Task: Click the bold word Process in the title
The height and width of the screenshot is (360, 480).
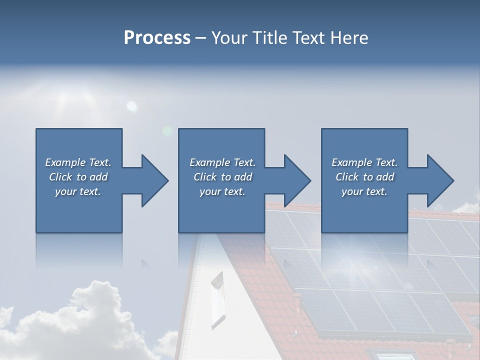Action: pos(157,38)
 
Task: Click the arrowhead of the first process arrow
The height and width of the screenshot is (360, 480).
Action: pos(155,180)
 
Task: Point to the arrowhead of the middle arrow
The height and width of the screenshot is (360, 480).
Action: pos(297,180)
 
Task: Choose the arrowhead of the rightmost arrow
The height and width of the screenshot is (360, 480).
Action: pos(440,180)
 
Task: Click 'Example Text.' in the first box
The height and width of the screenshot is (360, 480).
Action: pos(78,162)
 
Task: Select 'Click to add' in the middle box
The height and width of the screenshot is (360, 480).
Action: pos(222,177)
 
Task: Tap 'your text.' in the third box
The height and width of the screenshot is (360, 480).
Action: pos(364,191)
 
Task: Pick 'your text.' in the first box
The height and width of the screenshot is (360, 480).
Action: pos(78,191)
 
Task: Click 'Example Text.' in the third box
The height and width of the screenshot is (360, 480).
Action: pos(364,162)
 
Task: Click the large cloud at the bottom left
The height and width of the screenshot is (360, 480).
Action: pos(85,320)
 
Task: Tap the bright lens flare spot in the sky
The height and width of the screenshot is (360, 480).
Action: pos(131,105)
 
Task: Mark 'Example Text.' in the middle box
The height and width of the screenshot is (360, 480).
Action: pos(222,162)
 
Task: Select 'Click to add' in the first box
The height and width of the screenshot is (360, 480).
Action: pos(78,177)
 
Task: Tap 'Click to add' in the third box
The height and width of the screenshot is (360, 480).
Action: pos(364,177)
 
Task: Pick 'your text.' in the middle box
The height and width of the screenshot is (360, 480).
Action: pos(222,191)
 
